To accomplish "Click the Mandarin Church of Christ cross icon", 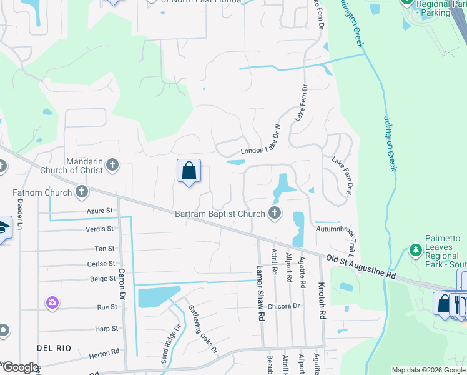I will click(x=112, y=165).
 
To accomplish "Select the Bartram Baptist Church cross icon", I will click(x=274, y=214).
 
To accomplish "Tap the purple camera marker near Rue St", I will click(x=52, y=303).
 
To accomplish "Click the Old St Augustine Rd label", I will click(x=361, y=266).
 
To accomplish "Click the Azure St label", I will click(x=99, y=211).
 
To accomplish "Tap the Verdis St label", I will click(x=99, y=229).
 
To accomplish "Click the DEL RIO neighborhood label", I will click(x=54, y=347).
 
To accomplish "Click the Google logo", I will click(x=20, y=367).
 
